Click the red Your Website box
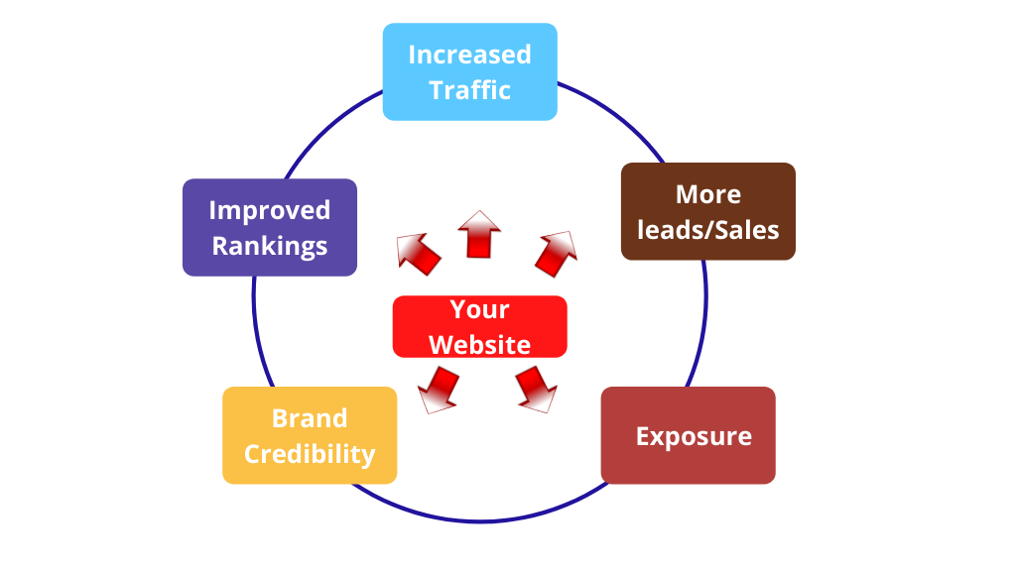click(480, 326)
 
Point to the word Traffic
click(470, 90)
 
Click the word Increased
click(470, 55)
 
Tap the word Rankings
click(270, 246)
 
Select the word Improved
click(270, 210)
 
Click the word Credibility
click(310, 454)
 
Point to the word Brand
click(310, 418)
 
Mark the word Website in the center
click(480, 345)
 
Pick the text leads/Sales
click(708, 230)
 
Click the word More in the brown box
click(708, 194)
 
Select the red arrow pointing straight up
click(479, 235)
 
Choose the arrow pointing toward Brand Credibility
click(437, 388)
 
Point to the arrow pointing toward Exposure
click(536, 387)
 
